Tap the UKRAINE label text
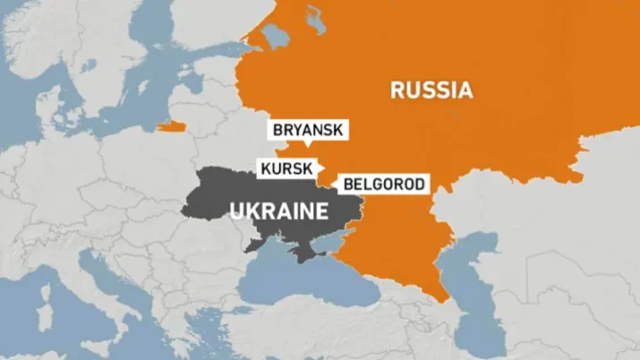pos(277,211)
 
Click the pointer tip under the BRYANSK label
pos(307,146)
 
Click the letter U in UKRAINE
pos(236,211)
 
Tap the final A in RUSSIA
pos(465,90)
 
